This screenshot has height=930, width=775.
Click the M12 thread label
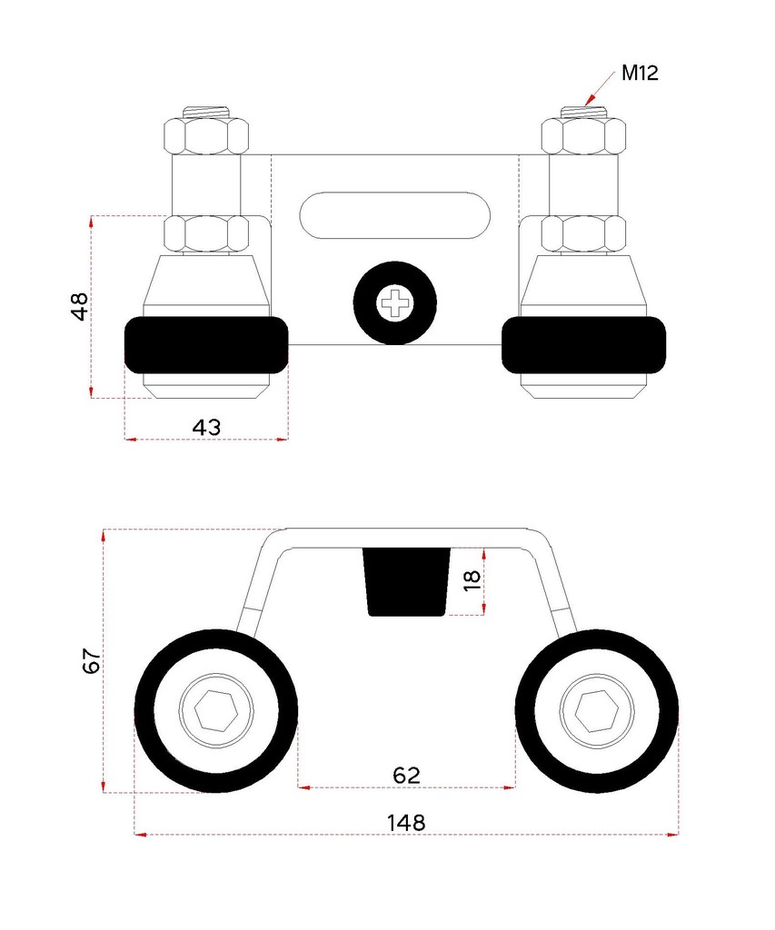pyautogui.click(x=640, y=73)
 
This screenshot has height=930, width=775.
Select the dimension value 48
pyautogui.click(x=80, y=306)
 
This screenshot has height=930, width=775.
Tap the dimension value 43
pyautogui.click(x=206, y=426)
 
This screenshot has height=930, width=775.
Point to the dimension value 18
pyautogui.click(x=472, y=580)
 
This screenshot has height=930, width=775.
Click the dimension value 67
pyautogui.click(x=90, y=660)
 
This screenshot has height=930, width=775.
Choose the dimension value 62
pyautogui.click(x=406, y=774)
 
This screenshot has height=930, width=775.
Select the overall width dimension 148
pyautogui.click(x=406, y=822)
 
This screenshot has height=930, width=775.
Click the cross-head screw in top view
pyautogui.click(x=395, y=305)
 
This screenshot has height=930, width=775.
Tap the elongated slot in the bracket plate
pyautogui.click(x=395, y=215)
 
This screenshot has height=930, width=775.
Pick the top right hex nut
pyautogui.click(x=583, y=135)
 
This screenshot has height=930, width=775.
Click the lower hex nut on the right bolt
pyautogui.click(x=583, y=233)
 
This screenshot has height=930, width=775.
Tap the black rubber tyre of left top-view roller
pyautogui.click(x=205, y=345)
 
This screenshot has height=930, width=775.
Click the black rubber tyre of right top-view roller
pyautogui.click(x=583, y=345)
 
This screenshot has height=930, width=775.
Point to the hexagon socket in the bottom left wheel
pyautogui.click(x=215, y=709)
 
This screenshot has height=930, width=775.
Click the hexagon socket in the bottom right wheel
pyautogui.click(x=596, y=709)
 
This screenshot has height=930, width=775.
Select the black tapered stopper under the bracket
pyautogui.click(x=408, y=581)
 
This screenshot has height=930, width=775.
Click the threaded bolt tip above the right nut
pyautogui.click(x=583, y=113)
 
